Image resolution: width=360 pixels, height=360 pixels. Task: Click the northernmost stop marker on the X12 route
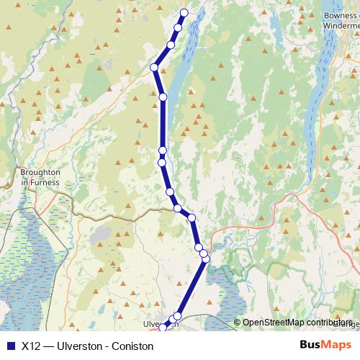coord(184,12)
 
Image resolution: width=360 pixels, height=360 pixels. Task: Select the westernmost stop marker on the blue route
coord(154,68)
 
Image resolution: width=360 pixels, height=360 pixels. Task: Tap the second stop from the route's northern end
coord(178,28)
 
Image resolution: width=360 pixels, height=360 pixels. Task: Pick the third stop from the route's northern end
coord(171,45)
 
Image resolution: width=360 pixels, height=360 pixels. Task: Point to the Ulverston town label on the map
coord(160,324)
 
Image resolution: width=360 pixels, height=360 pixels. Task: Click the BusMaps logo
coord(326,346)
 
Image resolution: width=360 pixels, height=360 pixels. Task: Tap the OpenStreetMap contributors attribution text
coord(297,323)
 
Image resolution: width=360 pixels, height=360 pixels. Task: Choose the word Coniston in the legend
coord(132,346)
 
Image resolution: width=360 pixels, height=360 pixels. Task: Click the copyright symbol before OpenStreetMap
coord(237,323)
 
